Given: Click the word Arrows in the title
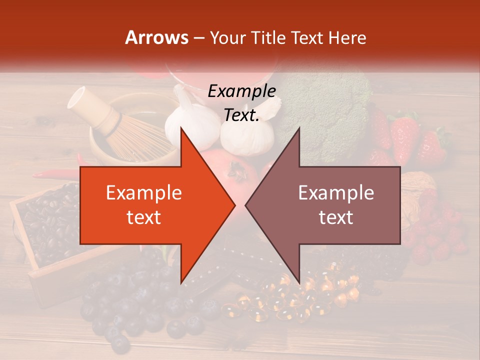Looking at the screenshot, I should point(156,37).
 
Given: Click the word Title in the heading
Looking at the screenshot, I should point(266,37).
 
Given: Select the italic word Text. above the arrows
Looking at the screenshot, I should point(241,115).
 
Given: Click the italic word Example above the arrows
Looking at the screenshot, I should point(241,91).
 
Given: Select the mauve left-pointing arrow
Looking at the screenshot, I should point(330,205).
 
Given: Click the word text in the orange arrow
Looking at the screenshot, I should point(143,217).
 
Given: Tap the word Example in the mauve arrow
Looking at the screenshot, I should point(336,192).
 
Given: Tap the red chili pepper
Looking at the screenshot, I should point(55,175).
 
